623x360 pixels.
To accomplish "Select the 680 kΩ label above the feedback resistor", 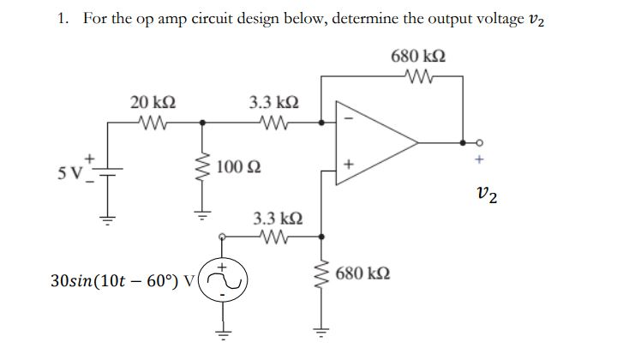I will click(419, 57).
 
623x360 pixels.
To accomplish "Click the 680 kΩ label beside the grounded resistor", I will click(365, 273).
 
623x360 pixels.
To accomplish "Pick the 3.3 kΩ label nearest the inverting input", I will click(273, 102).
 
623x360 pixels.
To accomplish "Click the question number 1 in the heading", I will click(63, 19).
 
